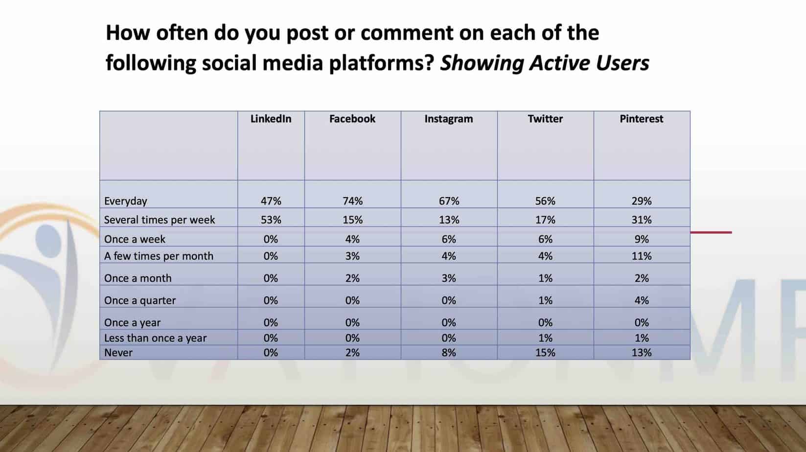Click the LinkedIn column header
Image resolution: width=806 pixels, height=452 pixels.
pyautogui.click(x=271, y=119)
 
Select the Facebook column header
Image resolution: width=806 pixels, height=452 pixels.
pyautogui.click(x=352, y=119)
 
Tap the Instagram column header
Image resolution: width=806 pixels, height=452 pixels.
pyautogui.click(x=449, y=119)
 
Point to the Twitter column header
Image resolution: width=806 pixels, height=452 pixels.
pyautogui.click(x=545, y=119)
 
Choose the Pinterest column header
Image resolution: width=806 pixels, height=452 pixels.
pyautogui.click(x=641, y=119)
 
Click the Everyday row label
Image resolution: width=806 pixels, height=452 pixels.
pyautogui.click(x=126, y=201)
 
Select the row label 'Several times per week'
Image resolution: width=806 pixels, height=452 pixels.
pyautogui.click(x=160, y=220)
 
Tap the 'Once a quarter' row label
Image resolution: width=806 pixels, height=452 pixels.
pyautogui.click(x=140, y=300)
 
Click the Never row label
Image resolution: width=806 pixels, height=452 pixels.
pyautogui.click(x=118, y=352)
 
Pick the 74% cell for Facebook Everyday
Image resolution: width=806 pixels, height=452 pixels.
pyautogui.click(x=352, y=201)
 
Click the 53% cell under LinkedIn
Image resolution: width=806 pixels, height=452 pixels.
pyautogui.click(x=271, y=220)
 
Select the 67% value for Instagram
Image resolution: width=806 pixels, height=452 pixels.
pyautogui.click(x=449, y=201)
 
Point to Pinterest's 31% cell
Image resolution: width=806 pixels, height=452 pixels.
pyautogui.click(x=641, y=220)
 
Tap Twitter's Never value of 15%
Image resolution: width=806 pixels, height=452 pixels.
pyautogui.click(x=545, y=352)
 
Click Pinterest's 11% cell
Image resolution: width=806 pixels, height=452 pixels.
pyautogui.click(x=641, y=256)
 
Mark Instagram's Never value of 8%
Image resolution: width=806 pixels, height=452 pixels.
pyautogui.click(x=449, y=352)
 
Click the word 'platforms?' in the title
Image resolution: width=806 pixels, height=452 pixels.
pyautogui.click(x=382, y=63)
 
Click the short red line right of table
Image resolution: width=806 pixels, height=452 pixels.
pyautogui.click(x=711, y=232)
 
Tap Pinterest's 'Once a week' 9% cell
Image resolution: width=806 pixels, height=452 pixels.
pyautogui.click(x=641, y=239)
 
